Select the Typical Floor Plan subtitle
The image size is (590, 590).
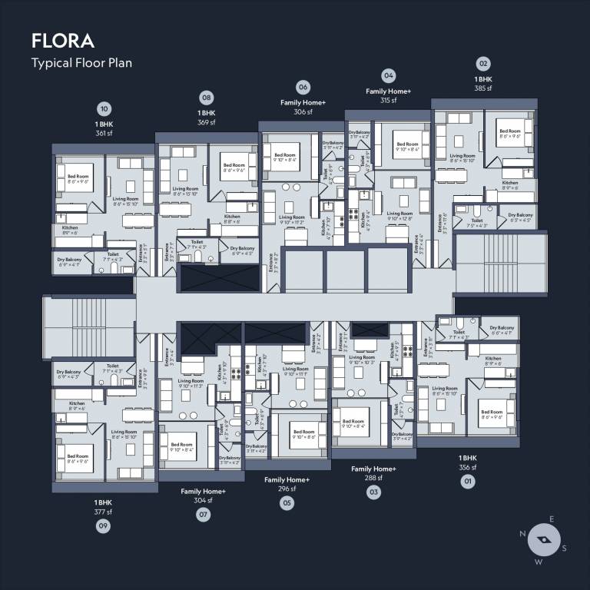tap(81, 63)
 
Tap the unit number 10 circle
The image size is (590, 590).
tap(104, 108)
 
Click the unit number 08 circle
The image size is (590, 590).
tap(206, 98)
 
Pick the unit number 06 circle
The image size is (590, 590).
tap(303, 87)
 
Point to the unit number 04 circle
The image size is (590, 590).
tap(388, 75)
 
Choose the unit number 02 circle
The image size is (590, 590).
tap(483, 63)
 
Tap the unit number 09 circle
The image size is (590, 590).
tap(103, 526)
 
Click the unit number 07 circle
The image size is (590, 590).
tap(204, 515)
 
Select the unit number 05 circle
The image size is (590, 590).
tap(287, 503)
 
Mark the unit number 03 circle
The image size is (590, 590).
tap(373, 492)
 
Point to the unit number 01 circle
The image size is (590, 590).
tap(467, 482)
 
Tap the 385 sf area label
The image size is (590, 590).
tap(483, 88)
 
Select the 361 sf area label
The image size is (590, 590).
tap(104, 134)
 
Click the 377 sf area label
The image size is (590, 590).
tap(103, 512)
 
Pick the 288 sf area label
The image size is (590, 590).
tap(373, 478)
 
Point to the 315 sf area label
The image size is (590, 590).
tap(388, 101)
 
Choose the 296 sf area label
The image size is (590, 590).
tap(287, 489)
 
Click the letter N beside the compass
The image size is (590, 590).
tap(522, 534)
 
